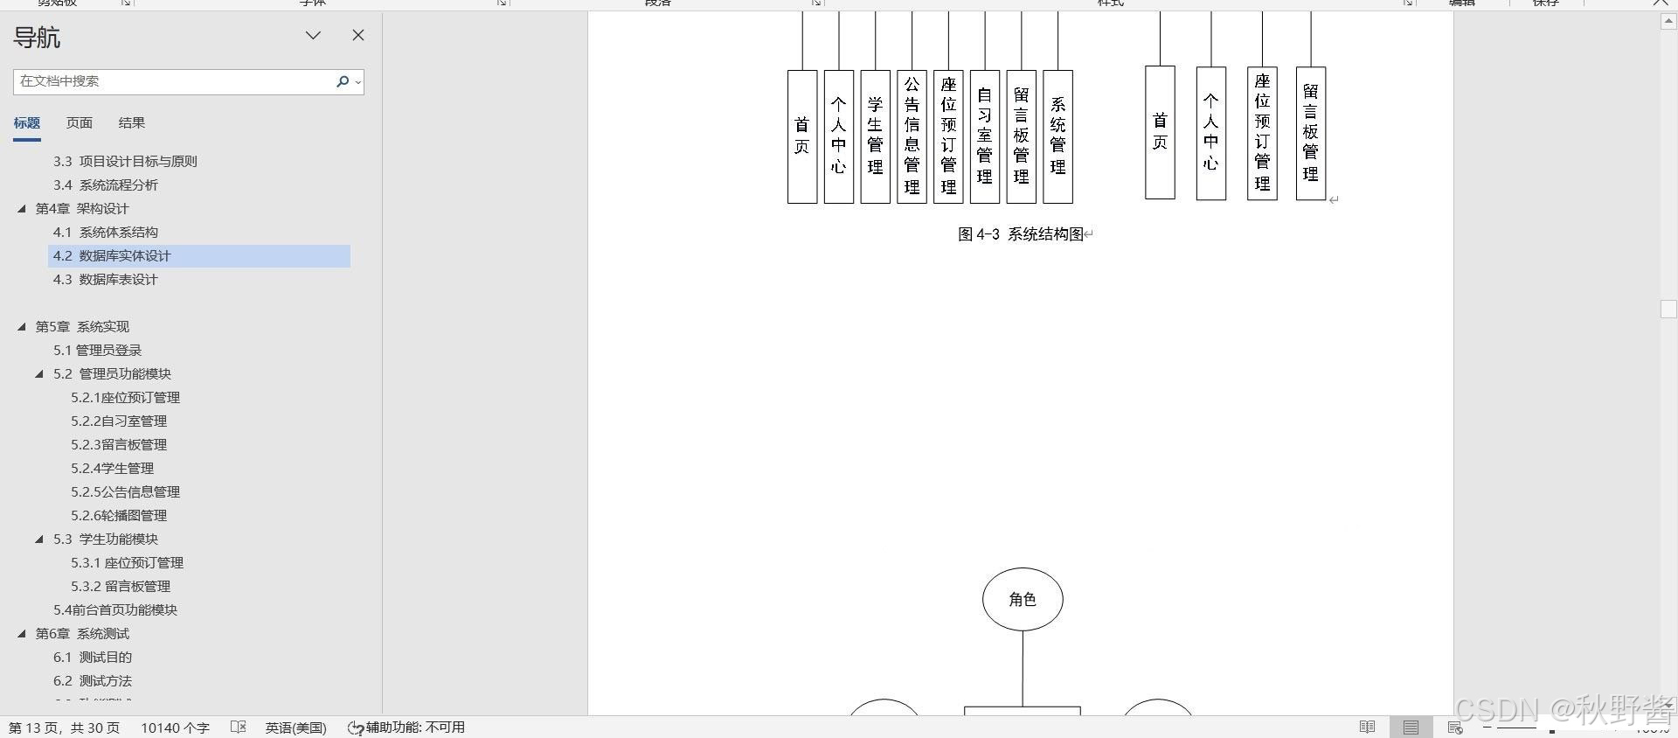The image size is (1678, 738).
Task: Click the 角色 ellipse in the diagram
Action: coord(1023,599)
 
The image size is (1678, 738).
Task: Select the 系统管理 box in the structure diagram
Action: coord(1057,136)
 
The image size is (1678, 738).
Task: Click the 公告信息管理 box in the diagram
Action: coord(912,136)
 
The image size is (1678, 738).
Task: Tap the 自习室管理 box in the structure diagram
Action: coord(985,136)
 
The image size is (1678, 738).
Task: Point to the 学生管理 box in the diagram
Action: coord(875,136)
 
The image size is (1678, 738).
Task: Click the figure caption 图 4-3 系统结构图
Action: coord(1021,234)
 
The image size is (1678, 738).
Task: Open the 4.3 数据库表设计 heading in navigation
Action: coord(105,280)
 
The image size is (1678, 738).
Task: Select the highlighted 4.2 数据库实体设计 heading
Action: coord(112,256)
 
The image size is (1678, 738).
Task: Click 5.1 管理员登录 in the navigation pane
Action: coord(97,351)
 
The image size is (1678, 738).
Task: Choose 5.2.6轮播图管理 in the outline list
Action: coord(119,516)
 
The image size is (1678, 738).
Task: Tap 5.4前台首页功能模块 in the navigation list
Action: coord(115,610)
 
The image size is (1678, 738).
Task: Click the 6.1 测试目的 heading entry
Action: coord(93,658)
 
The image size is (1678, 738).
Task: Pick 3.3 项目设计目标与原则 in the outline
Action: coord(125,162)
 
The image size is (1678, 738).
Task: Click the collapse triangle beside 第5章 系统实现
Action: coord(22,327)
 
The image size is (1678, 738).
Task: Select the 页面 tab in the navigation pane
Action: coord(80,123)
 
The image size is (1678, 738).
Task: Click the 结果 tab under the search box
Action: coord(132,123)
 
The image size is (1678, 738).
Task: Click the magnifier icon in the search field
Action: coord(343,81)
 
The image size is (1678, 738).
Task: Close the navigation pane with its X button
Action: coord(358,35)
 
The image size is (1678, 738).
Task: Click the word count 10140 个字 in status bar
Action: coord(175,728)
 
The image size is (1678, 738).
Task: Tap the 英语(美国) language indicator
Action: coord(295,728)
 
